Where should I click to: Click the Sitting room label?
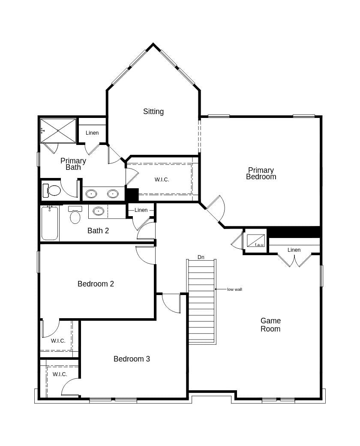[x=153, y=111]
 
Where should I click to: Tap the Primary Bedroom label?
[x=261, y=174]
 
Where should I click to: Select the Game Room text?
[x=270, y=325]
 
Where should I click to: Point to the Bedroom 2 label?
[x=96, y=284]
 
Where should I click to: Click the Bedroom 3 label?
[x=132, y=359]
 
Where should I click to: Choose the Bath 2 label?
[x=98, y=231]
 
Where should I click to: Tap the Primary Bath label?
[x=73, y=164]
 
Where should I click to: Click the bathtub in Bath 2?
[x=50, y=223]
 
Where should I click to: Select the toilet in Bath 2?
[x=75, y=215]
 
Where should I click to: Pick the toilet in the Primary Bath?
[x=52, y=190]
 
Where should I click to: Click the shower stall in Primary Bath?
[x=58, y=130]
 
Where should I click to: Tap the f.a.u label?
[x=259, y=244]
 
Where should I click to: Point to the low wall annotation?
[x=234, y=289]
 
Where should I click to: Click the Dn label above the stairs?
[x=201, y=257]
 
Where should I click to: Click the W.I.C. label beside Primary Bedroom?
[x=162, y=180]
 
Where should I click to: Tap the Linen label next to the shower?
[x=92, y=133]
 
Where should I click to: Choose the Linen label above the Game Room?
[x=294, y=250]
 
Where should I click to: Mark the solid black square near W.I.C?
[x=132, y=195]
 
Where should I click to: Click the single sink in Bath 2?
[x=99, y=211]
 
